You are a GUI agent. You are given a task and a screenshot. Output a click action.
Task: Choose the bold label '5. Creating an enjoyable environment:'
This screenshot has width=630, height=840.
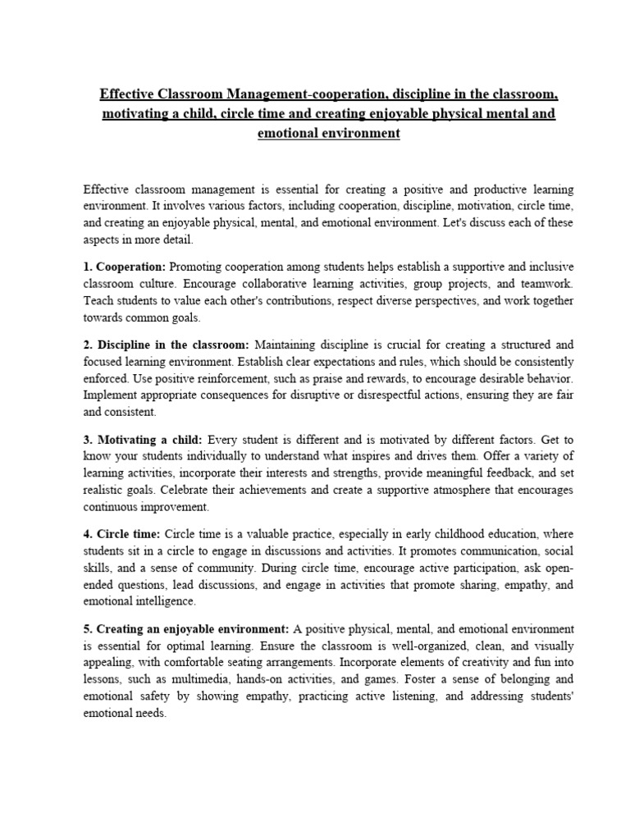click(186, 628)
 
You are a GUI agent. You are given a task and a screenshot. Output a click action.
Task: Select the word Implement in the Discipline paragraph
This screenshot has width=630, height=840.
click(111, 395)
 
